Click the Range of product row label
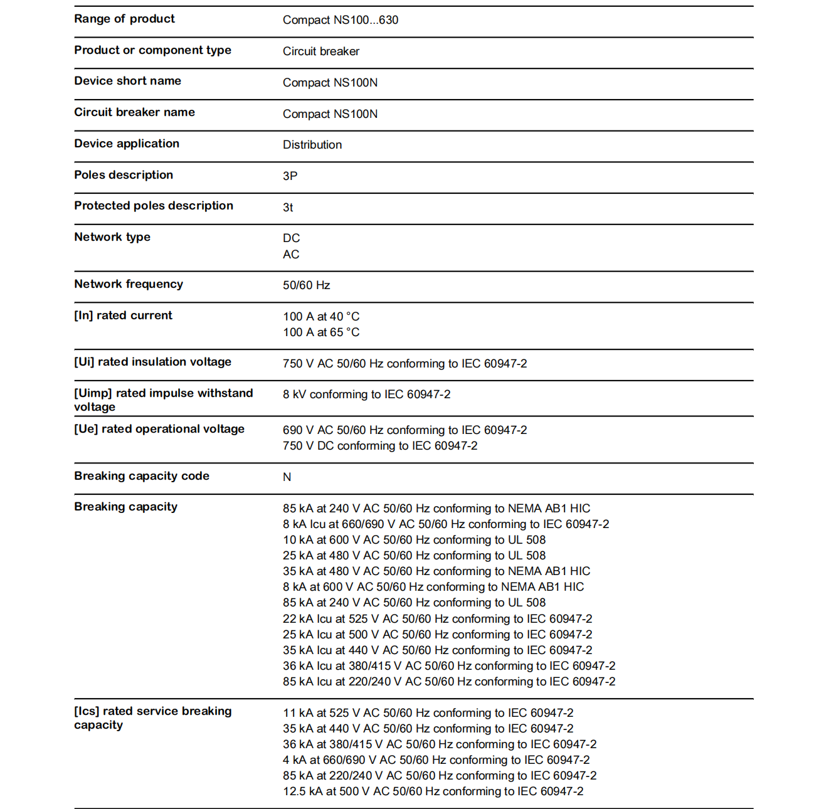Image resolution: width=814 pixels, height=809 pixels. [124, 19]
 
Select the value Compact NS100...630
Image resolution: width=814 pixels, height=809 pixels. [340, 20]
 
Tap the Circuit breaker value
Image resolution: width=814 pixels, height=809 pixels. [320, 51]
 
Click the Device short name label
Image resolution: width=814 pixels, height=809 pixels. [127, 81]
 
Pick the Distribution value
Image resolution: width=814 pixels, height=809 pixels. [312, 145]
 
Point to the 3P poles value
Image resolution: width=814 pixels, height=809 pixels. [290, 176]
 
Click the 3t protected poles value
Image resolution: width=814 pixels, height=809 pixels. [288, 208]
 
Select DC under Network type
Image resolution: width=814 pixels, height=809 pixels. [291, 238]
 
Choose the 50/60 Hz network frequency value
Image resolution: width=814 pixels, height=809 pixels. [306, 285]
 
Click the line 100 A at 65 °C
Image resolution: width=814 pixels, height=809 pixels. [321, 332]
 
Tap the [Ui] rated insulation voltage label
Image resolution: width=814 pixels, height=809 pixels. [152, 362]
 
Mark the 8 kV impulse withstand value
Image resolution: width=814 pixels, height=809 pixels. [366, 394]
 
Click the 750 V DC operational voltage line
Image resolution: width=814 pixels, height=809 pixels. [379, 446]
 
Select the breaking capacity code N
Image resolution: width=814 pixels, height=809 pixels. [287, 477]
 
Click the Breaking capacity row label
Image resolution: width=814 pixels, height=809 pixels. [125, 507]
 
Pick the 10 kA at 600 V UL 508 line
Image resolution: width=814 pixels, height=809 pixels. [414, 540]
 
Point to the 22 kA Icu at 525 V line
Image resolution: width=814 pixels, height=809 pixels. [437, 619]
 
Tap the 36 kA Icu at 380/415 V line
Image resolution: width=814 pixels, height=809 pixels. [448, 666]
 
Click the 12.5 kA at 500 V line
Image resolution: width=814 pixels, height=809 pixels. [433, 791]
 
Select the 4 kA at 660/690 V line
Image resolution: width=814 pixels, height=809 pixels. [436, 760]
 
